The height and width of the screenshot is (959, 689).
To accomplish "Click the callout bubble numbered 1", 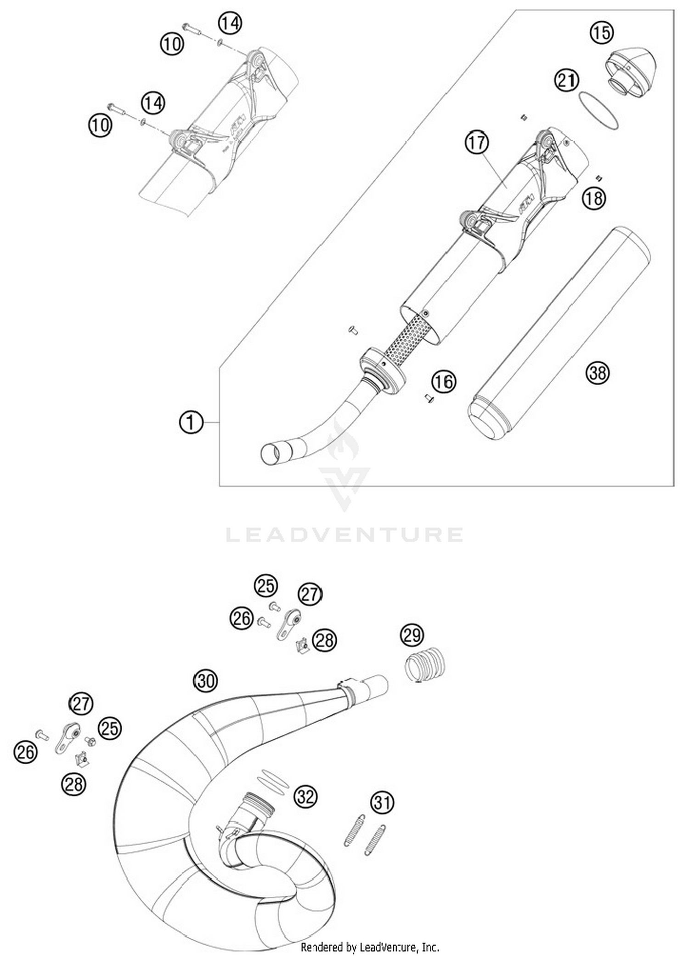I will (191, 422).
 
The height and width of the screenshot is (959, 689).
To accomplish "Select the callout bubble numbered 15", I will (601, 33).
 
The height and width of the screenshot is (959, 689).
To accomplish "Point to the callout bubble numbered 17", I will (476, 143).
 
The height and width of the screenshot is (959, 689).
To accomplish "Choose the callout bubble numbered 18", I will (594, 198).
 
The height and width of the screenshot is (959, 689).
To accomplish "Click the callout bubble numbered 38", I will (598, 372).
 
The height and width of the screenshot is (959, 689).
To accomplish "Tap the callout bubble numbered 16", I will (443, 381).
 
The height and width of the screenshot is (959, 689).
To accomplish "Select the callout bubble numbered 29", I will (412, 635).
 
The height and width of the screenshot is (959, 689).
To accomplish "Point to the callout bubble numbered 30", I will (205, 680).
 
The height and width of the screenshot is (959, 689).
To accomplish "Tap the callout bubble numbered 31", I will (382, 802).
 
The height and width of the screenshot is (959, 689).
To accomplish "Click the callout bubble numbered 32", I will (305, 796).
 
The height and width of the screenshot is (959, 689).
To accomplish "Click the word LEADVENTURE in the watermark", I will (344, 535).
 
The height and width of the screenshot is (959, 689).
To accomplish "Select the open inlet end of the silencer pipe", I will (270, 454).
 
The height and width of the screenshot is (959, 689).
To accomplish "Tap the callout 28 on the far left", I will (73, 784).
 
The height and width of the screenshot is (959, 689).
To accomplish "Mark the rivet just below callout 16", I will (429, 399).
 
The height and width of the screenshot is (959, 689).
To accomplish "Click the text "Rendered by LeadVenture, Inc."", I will (370, 947).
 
